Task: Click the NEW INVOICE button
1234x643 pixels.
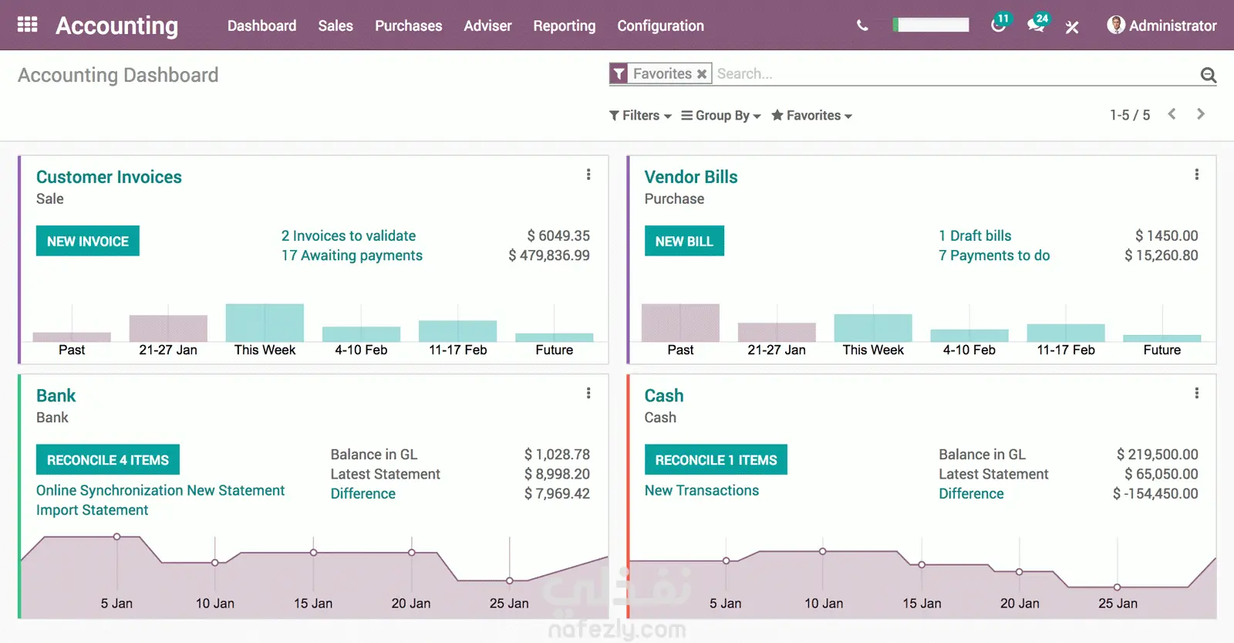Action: coord(88,241)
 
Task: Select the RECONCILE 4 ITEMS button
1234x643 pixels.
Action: coord(108,460)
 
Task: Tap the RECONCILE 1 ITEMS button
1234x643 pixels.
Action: coord(716,460)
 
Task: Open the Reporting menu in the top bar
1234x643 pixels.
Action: coord(564,25)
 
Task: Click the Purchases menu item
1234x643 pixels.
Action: coord(408,25)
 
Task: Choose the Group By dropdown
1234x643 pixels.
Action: coord(721,115)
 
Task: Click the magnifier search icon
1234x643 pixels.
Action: coord(1208,75)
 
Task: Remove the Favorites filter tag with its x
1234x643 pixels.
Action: coord(702,74)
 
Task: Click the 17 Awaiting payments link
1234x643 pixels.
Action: coord(352,256)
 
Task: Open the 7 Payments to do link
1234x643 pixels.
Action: coord(994,256)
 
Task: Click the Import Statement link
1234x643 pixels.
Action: coord(93,510)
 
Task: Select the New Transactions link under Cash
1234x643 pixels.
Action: coord(702,490)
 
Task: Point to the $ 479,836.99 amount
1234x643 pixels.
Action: coord(549,256)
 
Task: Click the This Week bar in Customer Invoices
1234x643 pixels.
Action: coord(265,323)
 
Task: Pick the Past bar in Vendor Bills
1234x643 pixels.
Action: coord(680,323)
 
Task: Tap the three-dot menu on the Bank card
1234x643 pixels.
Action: coord(588,394)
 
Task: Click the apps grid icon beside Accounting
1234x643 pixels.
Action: coord(28,25)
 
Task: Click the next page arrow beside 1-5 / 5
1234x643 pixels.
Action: coord(1200,114)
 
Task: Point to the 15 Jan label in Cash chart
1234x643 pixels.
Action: coord(922,604)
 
